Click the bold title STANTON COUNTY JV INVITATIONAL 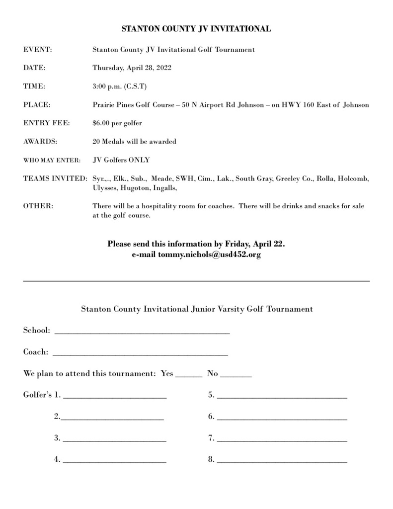click(x=196, y=29)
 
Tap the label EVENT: click(x=38, y=50)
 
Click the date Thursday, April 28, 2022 click(x=132, y=68)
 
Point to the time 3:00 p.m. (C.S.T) click(x=119, y=86)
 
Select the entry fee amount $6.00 click(x=102, y=123)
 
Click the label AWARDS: click(x=40, y=142)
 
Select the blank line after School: click(x=142, y=332)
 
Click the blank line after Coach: click(x=140, y=354)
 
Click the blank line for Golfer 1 click(x=115, y=398)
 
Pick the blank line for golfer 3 click(x=115, y=440)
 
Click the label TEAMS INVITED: click(x=55, y=178)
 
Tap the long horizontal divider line click(x=196, y=281)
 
